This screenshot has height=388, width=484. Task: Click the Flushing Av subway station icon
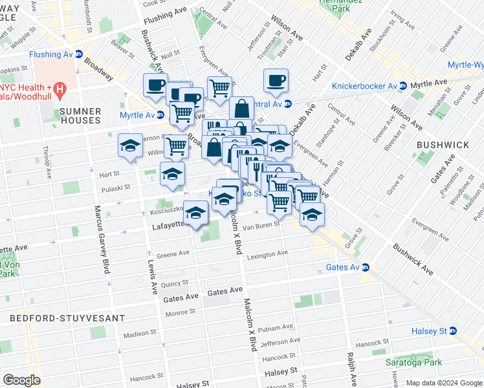[x=79, y=54]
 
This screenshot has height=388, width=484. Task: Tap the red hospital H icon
[x=59, y=87]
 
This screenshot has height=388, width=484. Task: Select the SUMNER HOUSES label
[x=80, y=116]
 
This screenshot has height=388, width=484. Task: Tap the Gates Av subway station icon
[x=366, y=267]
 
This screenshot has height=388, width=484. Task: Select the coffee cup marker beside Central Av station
[x=276, y=81]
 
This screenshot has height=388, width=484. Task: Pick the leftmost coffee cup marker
[x=155, y=85]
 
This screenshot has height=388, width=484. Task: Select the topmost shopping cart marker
[x=219, y=88]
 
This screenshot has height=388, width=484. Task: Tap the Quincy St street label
[x=175, y=283]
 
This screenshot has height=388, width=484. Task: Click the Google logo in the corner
[x=22, y=380]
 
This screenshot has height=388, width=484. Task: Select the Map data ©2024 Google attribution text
[x=443, y=383]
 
